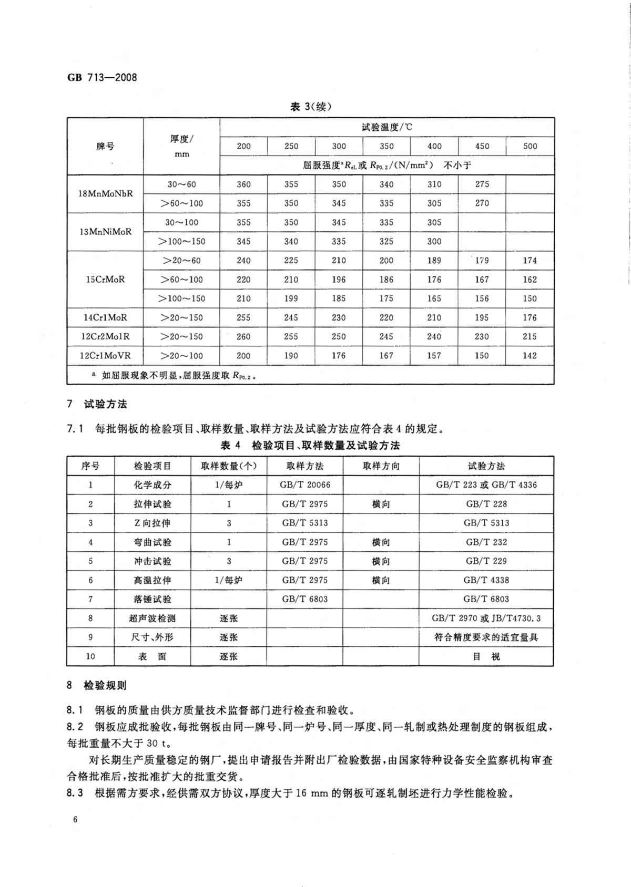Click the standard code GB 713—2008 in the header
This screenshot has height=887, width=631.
(102, 78)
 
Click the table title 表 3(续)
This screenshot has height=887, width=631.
(311, 107)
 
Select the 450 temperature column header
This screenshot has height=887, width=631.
(482, 146)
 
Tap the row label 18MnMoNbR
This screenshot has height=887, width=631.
(105, 193)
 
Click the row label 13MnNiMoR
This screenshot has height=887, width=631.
(105, 232)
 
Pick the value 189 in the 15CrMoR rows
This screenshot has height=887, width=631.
(434, 261)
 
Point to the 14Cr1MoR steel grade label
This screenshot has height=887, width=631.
(105, 317)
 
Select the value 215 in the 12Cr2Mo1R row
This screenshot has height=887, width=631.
(530, 336)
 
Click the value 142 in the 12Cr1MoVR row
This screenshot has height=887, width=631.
(530, 356)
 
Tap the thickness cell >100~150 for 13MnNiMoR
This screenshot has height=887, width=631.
(182, 242)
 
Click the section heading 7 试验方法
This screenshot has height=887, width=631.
(97, 404)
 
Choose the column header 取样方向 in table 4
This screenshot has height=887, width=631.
(381, 466)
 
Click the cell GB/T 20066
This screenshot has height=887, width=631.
(304, 485)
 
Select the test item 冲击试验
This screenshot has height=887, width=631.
(152, 561)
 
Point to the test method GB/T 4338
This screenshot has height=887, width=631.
(486, 580)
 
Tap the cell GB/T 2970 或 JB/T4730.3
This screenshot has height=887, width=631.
(486, 618)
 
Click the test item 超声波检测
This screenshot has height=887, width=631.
(152, 618)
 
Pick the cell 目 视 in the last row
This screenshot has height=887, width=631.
(486, 656)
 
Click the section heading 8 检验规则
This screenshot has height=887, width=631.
(97, 686)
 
